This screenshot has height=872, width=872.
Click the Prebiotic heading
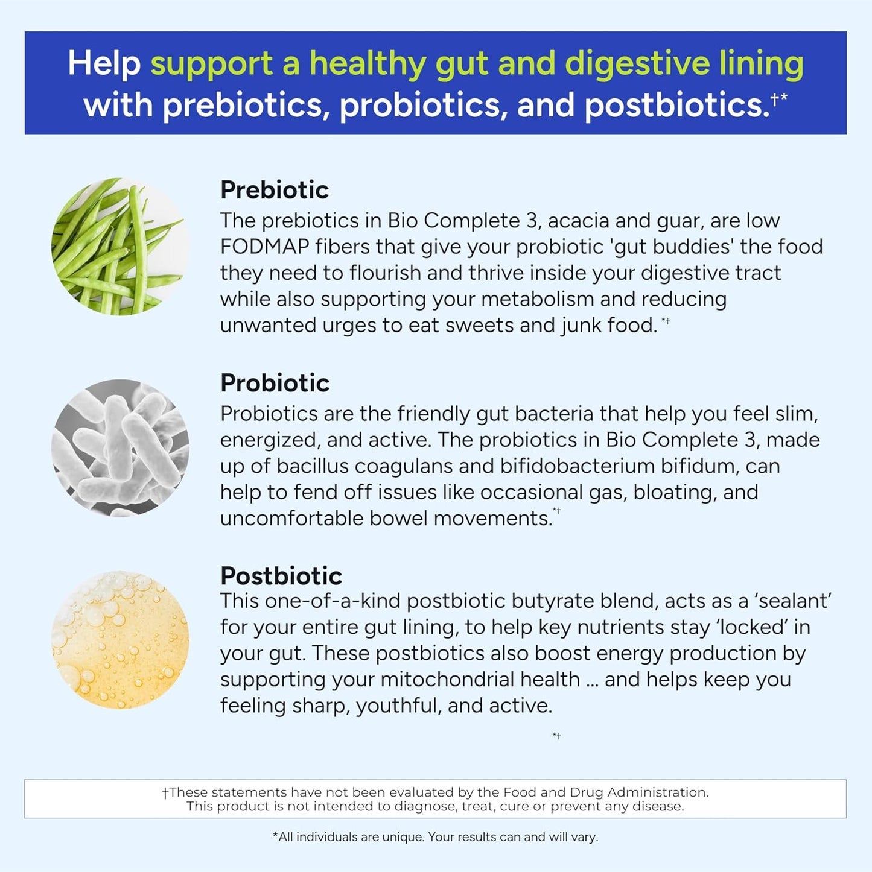pos(275,190)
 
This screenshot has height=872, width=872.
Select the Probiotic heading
pos(275,383)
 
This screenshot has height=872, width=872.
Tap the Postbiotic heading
pos(281,576)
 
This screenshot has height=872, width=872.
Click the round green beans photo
pos(119,247)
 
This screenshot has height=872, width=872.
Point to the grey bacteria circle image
pos(119,448)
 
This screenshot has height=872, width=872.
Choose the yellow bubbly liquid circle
pos(119,640)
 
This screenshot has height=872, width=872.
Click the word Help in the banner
pos(104,63)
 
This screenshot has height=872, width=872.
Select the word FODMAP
pos(264,247)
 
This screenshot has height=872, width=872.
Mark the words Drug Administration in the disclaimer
pos(639,792)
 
